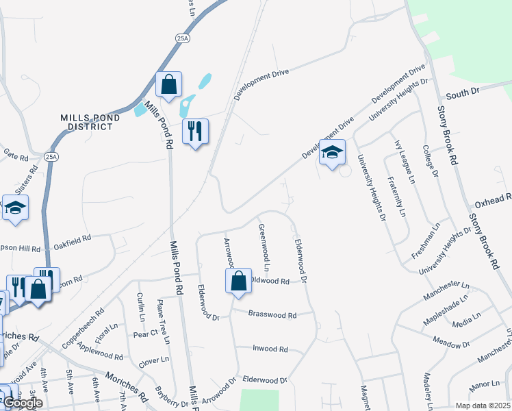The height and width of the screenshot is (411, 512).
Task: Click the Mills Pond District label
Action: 90,122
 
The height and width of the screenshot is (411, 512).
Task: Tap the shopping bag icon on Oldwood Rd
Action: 238,281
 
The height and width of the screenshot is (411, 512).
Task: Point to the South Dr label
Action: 464,90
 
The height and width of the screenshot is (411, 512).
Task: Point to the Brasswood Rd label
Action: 272,316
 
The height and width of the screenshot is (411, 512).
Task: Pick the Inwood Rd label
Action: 270,349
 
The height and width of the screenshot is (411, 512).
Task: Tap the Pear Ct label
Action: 145,334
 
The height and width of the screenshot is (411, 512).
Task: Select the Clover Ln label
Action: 154,360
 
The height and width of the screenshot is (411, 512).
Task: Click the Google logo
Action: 23,403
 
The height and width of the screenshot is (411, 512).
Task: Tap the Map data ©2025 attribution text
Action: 479,405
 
